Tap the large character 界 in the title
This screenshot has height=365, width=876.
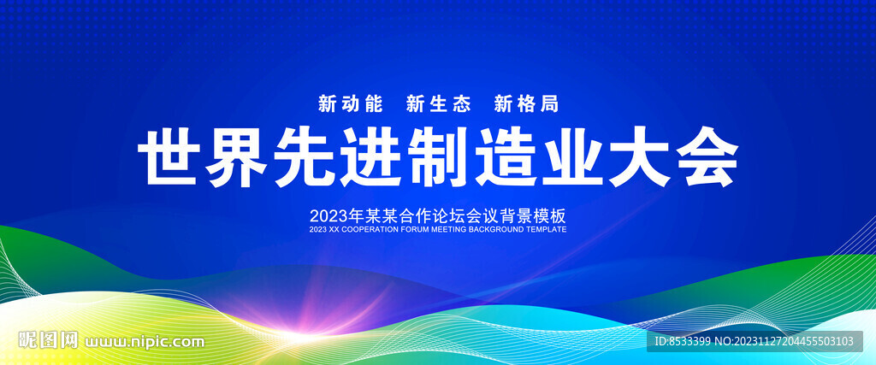pyautogui.click(x=235, y=156)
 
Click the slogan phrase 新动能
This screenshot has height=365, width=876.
pyautogui.click(x=350, y=103)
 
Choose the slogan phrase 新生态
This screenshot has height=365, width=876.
pyautogui.click(x=439, y=103)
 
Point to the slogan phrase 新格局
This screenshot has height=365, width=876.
pyautogui.click(x=526, y=103)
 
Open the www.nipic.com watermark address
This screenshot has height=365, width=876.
pyautogui.click(x=144, y=341)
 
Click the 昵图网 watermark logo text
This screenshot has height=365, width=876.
pyautogui.click(x=48, y=340)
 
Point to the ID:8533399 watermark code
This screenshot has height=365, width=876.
pyautogui.click(x=682, y=341)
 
